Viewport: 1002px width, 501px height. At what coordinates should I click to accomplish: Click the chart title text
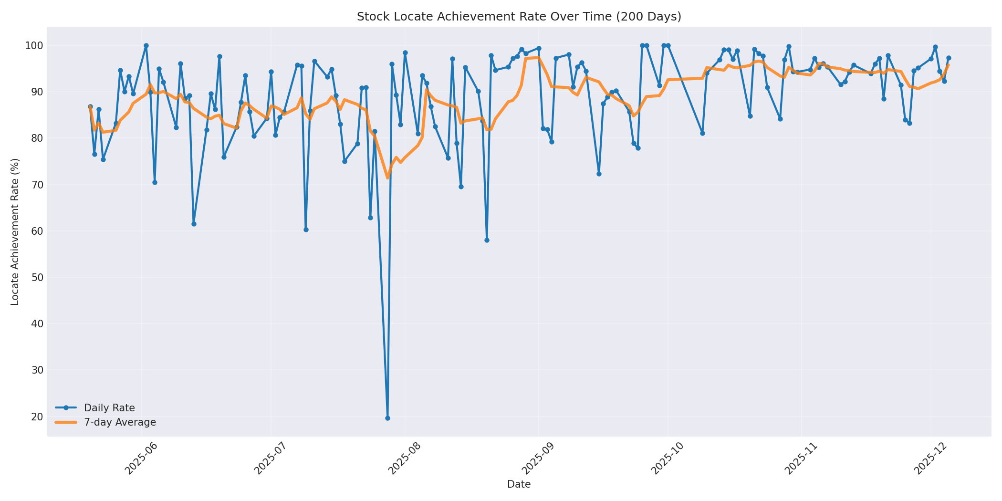pyautogui.click(x=519, y=17)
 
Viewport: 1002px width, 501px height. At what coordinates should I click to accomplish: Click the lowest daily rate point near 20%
pyautogui.click(x=387, y=418)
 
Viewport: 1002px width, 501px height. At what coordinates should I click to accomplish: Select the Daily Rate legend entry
pyautogui.click(x=109, y=408)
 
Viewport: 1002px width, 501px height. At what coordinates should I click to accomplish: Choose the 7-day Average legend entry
pyautogui.click(x=120, y=422)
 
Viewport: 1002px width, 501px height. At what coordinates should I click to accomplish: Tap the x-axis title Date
pyautogui.click(x=519, y=485)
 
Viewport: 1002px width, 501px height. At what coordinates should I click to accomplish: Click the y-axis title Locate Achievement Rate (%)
pyautogui.click(x=15, y=231)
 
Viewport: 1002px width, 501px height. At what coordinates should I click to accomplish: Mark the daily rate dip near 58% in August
pyautogui.click(x=487, y=240)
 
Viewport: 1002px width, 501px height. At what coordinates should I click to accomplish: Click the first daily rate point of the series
pyautogui.click(x=90, y=107)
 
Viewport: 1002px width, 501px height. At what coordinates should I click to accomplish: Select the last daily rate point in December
pyautogui.click(x=949, y=58)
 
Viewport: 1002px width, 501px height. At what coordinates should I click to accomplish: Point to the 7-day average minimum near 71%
pyautogui.click(x=387, y=177)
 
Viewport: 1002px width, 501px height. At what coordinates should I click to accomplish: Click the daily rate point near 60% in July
pyautogui.click(x=306, y=230)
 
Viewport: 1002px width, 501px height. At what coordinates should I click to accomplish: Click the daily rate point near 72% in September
pyautogui.click(x=599, y=174)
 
